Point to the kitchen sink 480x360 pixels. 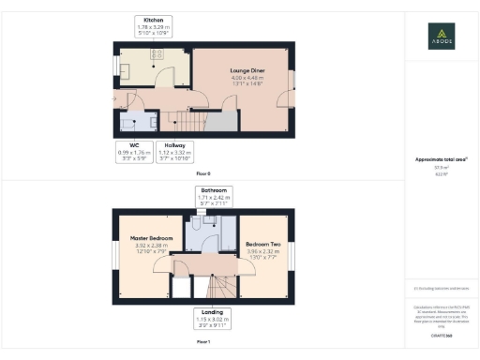click(126, 68)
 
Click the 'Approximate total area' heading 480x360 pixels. click(442, 161)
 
